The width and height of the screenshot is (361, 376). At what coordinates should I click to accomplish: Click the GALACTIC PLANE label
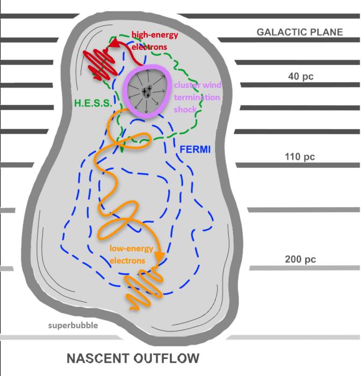(x=299, y=32)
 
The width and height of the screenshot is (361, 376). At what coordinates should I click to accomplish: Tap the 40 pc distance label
(x=300, y=76)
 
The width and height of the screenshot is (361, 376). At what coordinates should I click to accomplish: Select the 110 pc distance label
(x=300, y=157)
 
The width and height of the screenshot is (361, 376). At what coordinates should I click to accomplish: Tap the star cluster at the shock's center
(x=145, y=92)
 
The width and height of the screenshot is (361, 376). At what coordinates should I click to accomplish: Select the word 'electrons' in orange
(x=127, y=260)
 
